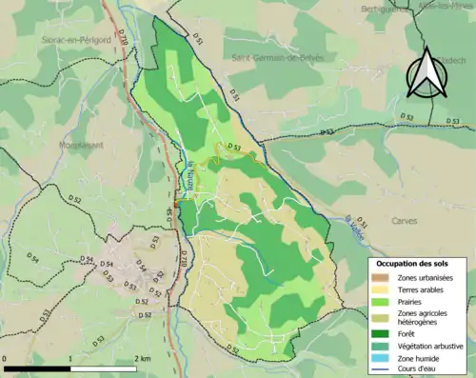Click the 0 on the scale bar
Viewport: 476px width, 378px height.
(6, 358)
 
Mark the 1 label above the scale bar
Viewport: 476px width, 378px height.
(71, 358)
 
